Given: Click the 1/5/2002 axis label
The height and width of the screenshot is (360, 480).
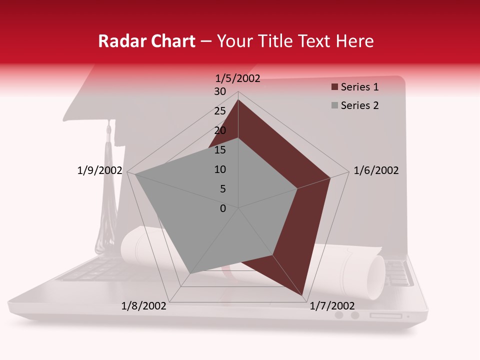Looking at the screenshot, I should pyautogui.click(x=237, y=78).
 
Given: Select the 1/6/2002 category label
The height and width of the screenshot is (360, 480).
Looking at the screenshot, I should pyautogui.click(x=376, y=170).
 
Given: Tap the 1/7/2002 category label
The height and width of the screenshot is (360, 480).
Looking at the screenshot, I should pyautogui.click(x=332, y=306).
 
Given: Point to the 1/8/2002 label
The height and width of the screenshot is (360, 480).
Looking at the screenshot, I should pyautogui.click(x=144, y=306).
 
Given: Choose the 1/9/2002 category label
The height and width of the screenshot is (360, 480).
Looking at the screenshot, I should pyautogui.click(x=99, y=170).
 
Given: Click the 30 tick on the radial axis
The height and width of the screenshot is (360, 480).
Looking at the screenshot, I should pyautogui.click(x=220, y=91).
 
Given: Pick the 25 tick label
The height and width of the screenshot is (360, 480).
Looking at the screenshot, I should pyautogui.click(x=220, y=111).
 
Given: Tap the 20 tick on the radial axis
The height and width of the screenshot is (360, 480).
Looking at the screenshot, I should pyautogui.click(x=220, y=130).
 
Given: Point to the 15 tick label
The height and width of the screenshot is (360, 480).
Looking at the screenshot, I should pyautogui.click(x=220, y=150).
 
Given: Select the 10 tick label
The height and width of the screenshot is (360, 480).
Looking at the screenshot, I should pyautogui.click(x=220, y=169).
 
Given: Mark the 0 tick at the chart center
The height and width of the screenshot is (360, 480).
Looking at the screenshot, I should pyautogui.click(x=223, y=208).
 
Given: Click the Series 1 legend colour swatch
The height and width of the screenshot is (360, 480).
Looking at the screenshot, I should pyautogui.click(x=334, y=87).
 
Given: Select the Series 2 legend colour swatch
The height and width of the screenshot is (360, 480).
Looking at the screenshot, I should pyautogui.click(x=334, y=105).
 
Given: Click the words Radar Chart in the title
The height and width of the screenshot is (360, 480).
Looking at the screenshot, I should pyautogui.click(x=146, y=41).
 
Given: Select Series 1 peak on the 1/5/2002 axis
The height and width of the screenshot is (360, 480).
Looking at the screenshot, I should pyautogui.click(x=238, y=100).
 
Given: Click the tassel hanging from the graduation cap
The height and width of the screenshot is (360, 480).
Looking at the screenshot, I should pyautogui.click(x=106, y=200).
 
